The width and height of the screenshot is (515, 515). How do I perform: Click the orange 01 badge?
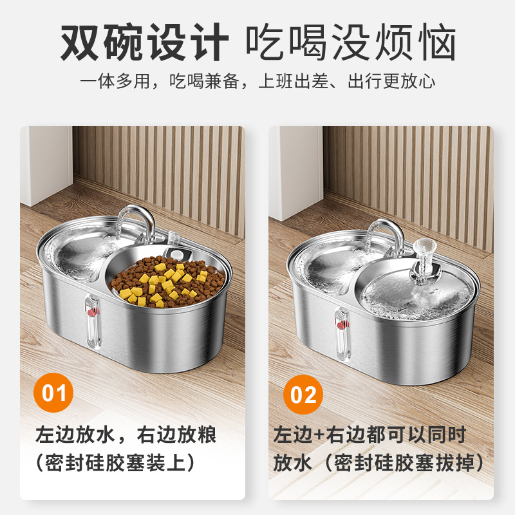[x=53, y=393]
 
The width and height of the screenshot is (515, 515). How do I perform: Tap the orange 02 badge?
[x=303, y=395]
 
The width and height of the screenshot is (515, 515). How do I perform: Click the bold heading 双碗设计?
[x=144, y=42]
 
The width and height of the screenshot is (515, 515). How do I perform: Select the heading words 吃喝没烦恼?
[x=351, y=42]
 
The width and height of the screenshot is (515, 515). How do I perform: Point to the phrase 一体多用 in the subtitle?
[x=115, y=81]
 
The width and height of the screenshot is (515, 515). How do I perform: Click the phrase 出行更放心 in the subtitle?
[x=391, y=81]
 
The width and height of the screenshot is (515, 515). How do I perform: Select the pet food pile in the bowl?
[x=167, y=282]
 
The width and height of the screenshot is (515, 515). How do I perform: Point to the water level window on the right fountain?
[x=342, y=334]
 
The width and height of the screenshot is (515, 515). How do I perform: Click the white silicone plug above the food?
[x=178, y=254]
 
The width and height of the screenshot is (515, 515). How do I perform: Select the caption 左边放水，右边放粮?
[x=126, y=435]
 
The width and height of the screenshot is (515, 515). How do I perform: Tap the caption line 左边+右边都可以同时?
[x=370, y=435]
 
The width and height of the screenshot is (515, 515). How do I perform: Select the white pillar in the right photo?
[x=295, y=173]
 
